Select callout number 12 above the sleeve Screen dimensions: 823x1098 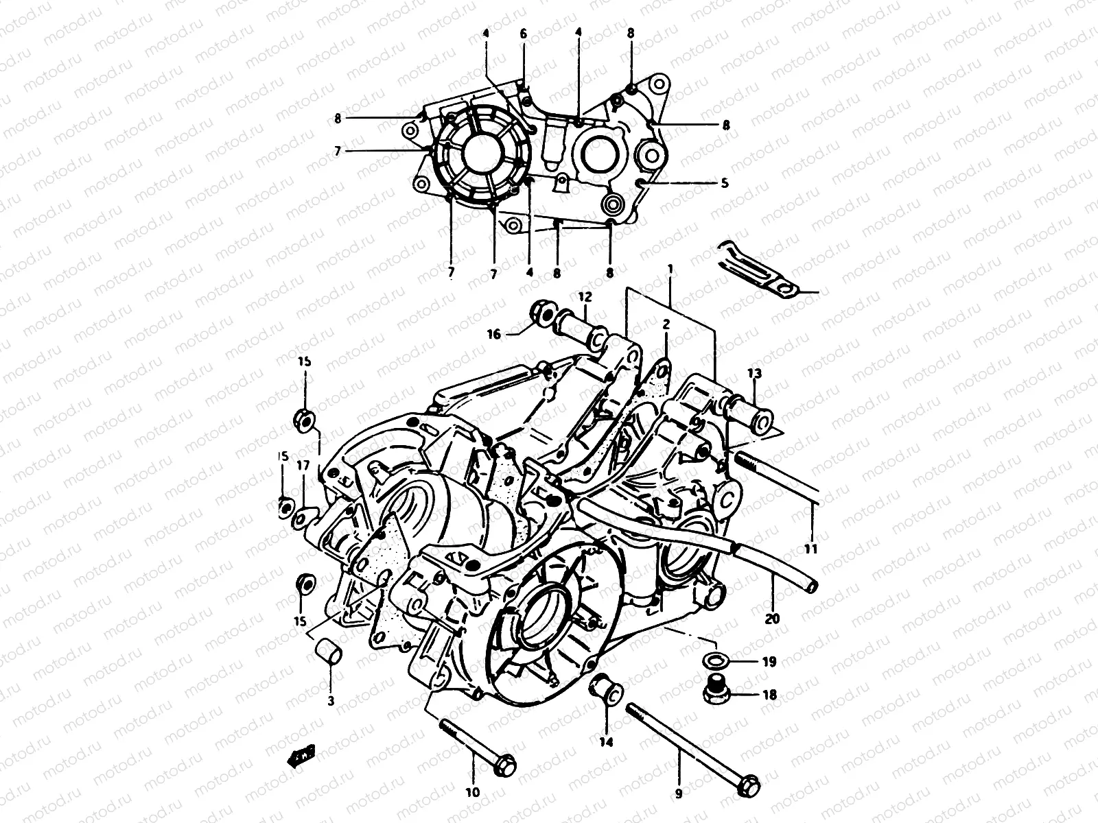tap(584, 297)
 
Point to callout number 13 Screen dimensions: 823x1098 tap(755, 373)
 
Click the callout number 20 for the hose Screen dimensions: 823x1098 tap(772, 618)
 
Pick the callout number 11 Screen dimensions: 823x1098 tap(812, 549)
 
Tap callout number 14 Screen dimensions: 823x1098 tap(607, 741)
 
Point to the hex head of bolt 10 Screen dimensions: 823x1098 tap(506, 763)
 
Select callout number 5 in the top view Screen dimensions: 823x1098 tap(724, 183)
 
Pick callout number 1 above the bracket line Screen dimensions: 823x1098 tap(670, 271)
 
